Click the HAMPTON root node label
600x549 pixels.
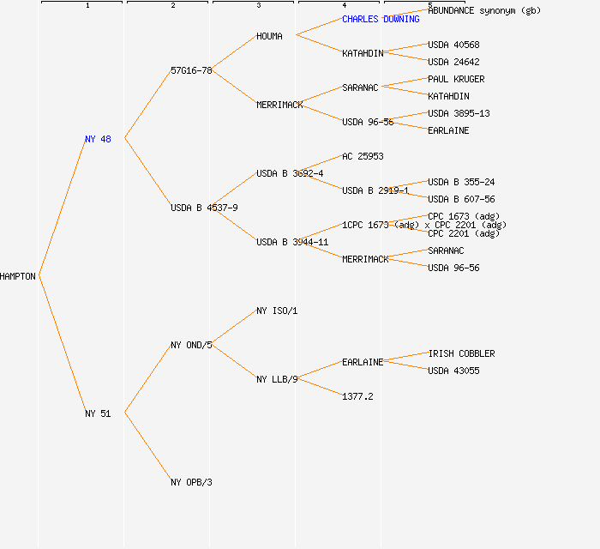[x=18, y=276]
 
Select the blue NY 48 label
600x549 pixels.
[x=98, y=139]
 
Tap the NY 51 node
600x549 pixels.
[x=98, y=413]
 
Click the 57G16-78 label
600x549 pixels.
[x=191, y=70]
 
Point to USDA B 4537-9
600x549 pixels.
[x=204, y=208]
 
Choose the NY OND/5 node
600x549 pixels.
[x=191, y=345]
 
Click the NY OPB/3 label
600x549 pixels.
[x=191, y=482]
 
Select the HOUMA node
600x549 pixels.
[x=269, y=36]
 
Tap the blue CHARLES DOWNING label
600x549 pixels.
[x=381, y=19]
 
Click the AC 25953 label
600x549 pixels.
[x=363, y=156]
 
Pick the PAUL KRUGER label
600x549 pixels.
[x=456, y=79]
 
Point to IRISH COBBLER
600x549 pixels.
[x=461, y=353]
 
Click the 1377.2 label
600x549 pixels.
[x=357, y=396]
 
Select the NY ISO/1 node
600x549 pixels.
[x=277, y=311]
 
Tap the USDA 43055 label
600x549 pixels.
[x=453, y=371]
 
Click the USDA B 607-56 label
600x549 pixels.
[x=461, y=199]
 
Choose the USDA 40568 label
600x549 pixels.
[x=453, y=45]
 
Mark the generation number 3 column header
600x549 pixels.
[x=258, y=6]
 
